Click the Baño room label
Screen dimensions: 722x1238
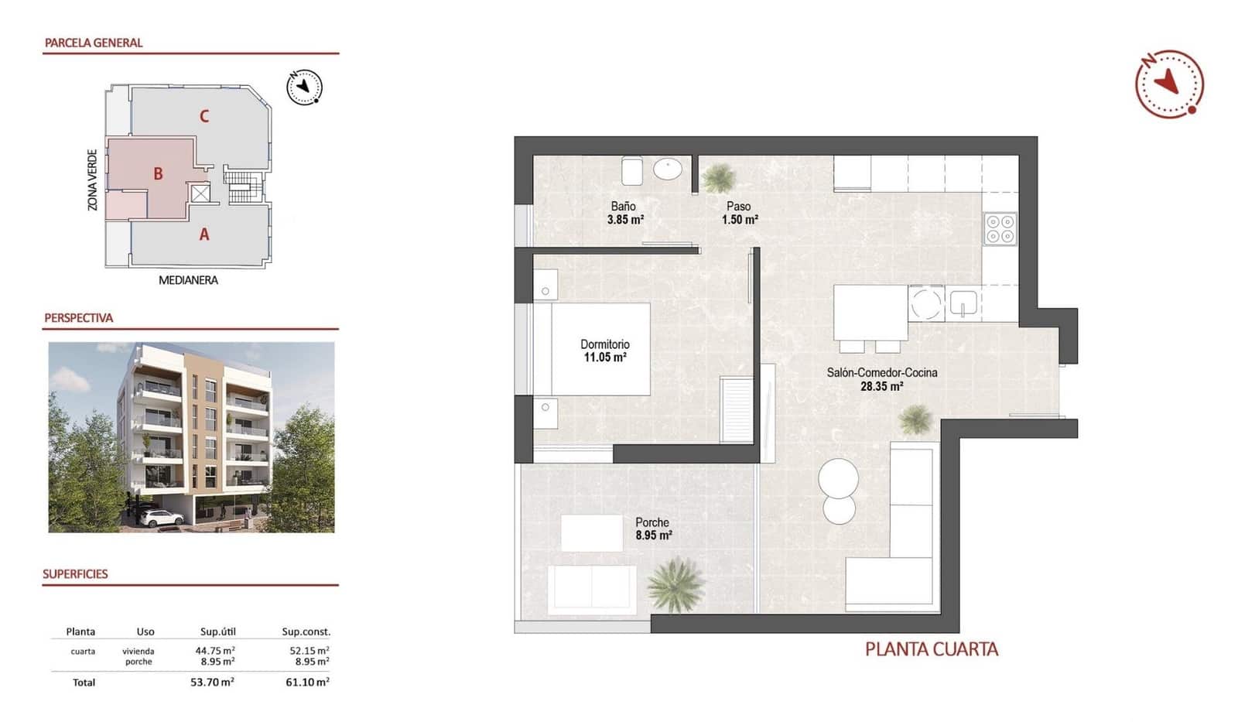point(624,207)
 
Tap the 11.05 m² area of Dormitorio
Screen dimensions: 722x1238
point(605,358)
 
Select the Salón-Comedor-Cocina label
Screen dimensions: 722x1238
point(881,372)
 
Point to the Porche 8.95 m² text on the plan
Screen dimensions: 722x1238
point(653,529)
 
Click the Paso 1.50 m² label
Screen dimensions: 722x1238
point(739,213)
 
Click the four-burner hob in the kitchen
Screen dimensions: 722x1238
point(1000,229)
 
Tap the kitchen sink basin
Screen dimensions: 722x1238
point(963,303)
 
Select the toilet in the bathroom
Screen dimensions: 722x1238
point(632,170)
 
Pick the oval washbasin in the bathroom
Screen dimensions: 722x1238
point(667,169)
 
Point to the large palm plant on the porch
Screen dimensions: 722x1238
point(676,584)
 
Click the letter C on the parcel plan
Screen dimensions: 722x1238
point(204,117)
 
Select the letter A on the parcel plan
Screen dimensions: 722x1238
point(204,234)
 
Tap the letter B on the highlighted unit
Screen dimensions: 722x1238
point(158,174)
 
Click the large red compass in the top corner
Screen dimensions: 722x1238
point(1169,84)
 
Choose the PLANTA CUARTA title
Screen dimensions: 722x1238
point(931,649)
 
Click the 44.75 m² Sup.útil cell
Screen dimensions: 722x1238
point(215,651)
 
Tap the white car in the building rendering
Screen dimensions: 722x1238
point(162,518)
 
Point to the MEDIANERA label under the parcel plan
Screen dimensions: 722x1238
point(188,280)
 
